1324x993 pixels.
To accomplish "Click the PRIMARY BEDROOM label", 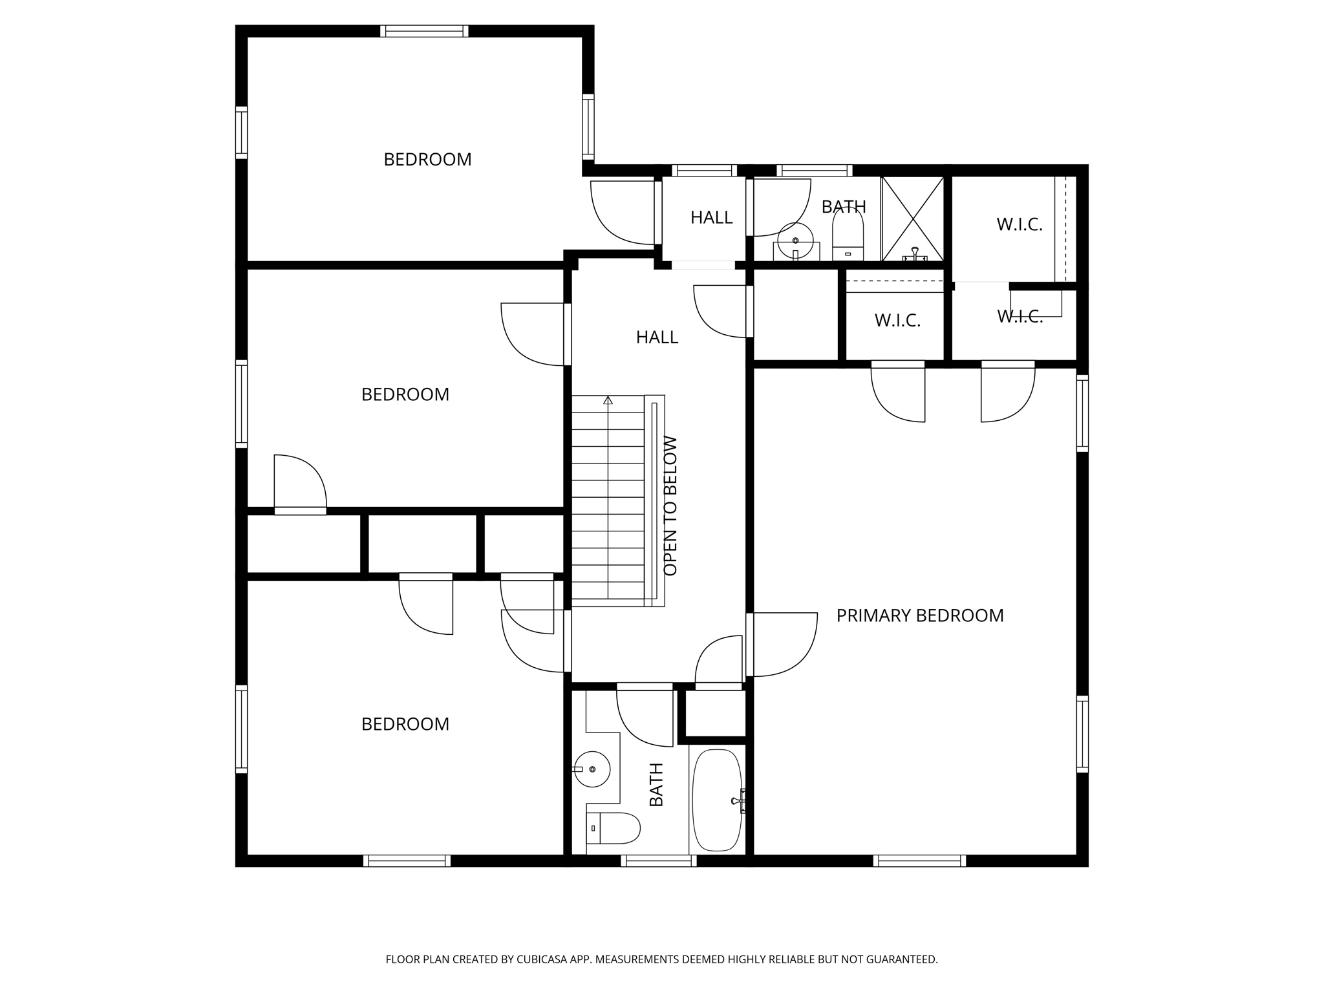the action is [x=920, y=615].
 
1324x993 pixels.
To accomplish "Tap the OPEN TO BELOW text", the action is [x=670, y=506].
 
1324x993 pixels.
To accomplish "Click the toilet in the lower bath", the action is [x=614, y=828].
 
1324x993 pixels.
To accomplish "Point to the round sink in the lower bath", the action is [x=592, y=769].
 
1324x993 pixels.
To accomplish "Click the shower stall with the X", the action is [x=912, y=219].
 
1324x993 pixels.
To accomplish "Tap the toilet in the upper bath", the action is [x=848, y=235].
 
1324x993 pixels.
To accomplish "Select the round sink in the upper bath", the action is [x=796, y=241].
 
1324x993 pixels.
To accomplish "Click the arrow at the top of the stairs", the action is [x=608, y=401].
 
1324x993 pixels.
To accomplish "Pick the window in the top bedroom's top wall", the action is [x=424, y=31].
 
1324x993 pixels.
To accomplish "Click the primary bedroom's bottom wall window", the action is [x=919, y=860].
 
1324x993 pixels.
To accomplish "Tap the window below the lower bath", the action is [x=659, y=860].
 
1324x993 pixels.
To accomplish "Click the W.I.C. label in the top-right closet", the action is [x=1020, y=224].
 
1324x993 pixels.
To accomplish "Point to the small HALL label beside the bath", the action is [x=711, y=217].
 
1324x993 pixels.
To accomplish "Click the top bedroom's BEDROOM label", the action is [x=427, y=160].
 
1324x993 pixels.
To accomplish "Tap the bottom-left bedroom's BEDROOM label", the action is [x=405, y=724].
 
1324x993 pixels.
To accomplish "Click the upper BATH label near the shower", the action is [x=844, y=207].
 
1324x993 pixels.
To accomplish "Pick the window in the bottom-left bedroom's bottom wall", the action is [x=407, y=860].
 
